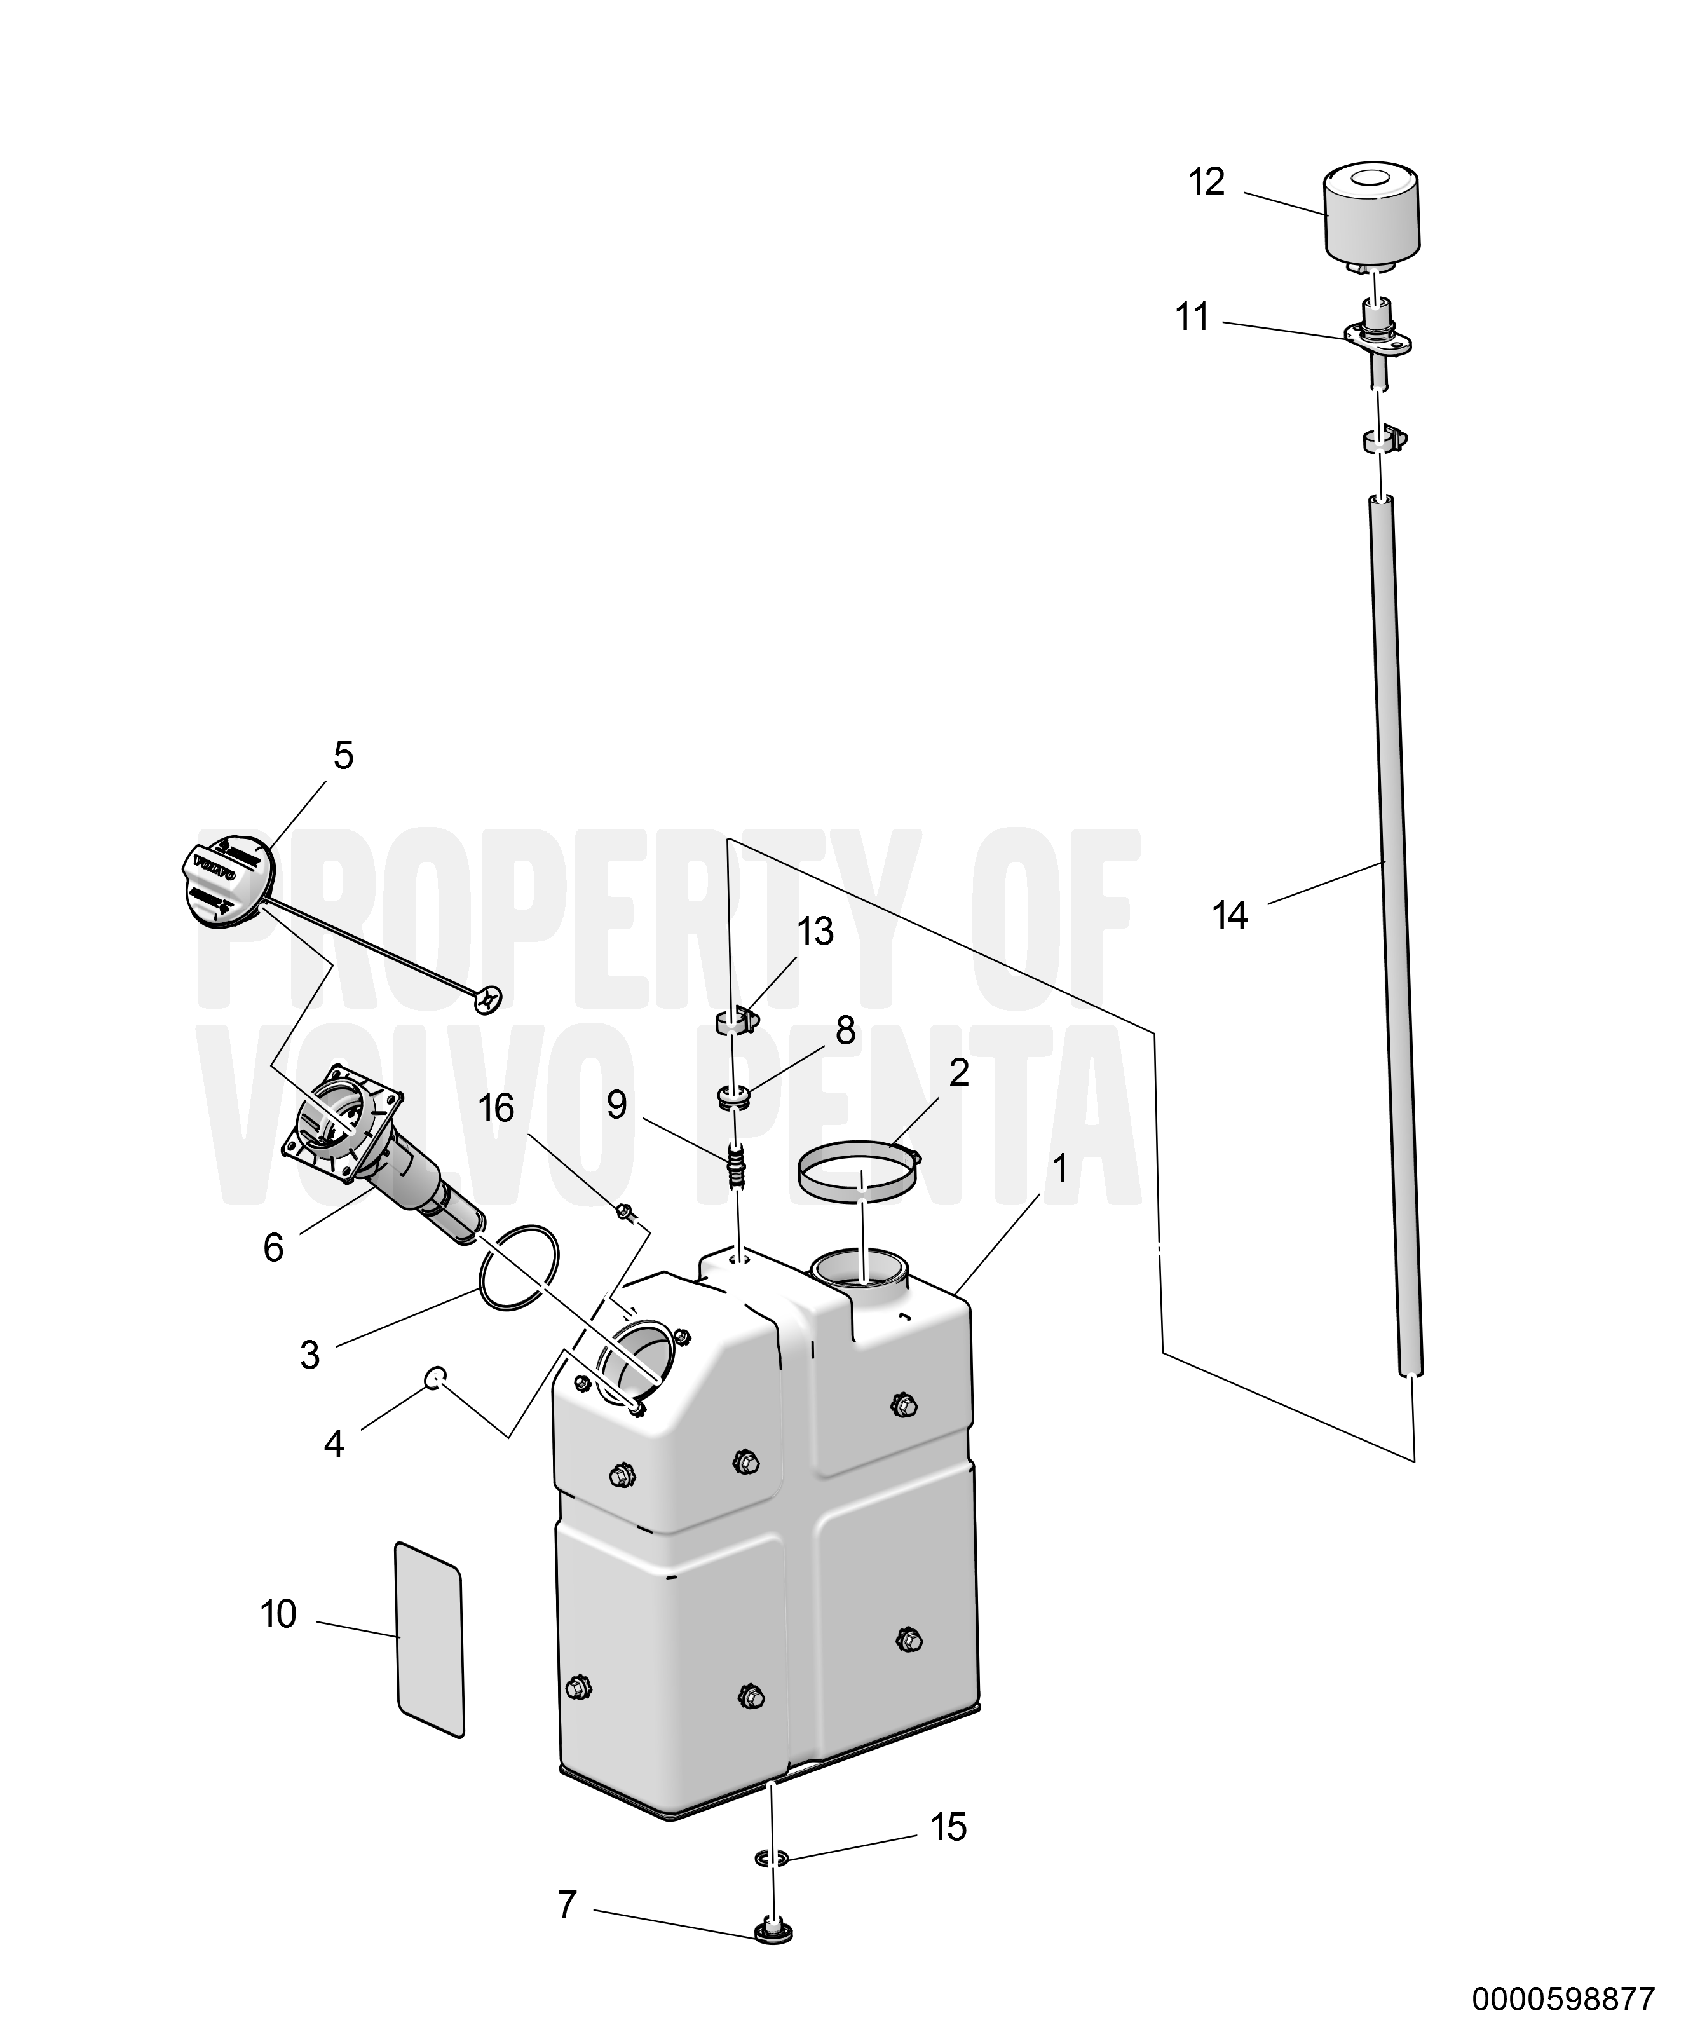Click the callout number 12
click(x=1207, y=182)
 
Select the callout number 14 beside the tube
click(x=1230, y=915)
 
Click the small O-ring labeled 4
click(x=436, y=1375)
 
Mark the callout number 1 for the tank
click(x=1061, y=1169)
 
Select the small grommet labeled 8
click(x=735, y=1097)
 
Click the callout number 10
click(x=278, y=1614)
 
